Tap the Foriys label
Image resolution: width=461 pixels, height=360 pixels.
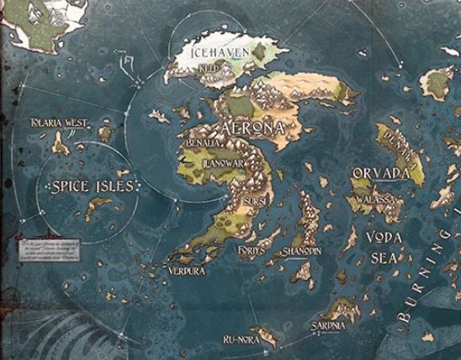pos(252,251)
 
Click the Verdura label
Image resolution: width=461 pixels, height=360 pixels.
pos(186,272)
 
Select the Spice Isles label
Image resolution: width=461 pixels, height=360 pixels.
pos(92,186)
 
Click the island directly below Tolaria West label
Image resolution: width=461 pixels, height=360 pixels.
pos(61,144)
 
